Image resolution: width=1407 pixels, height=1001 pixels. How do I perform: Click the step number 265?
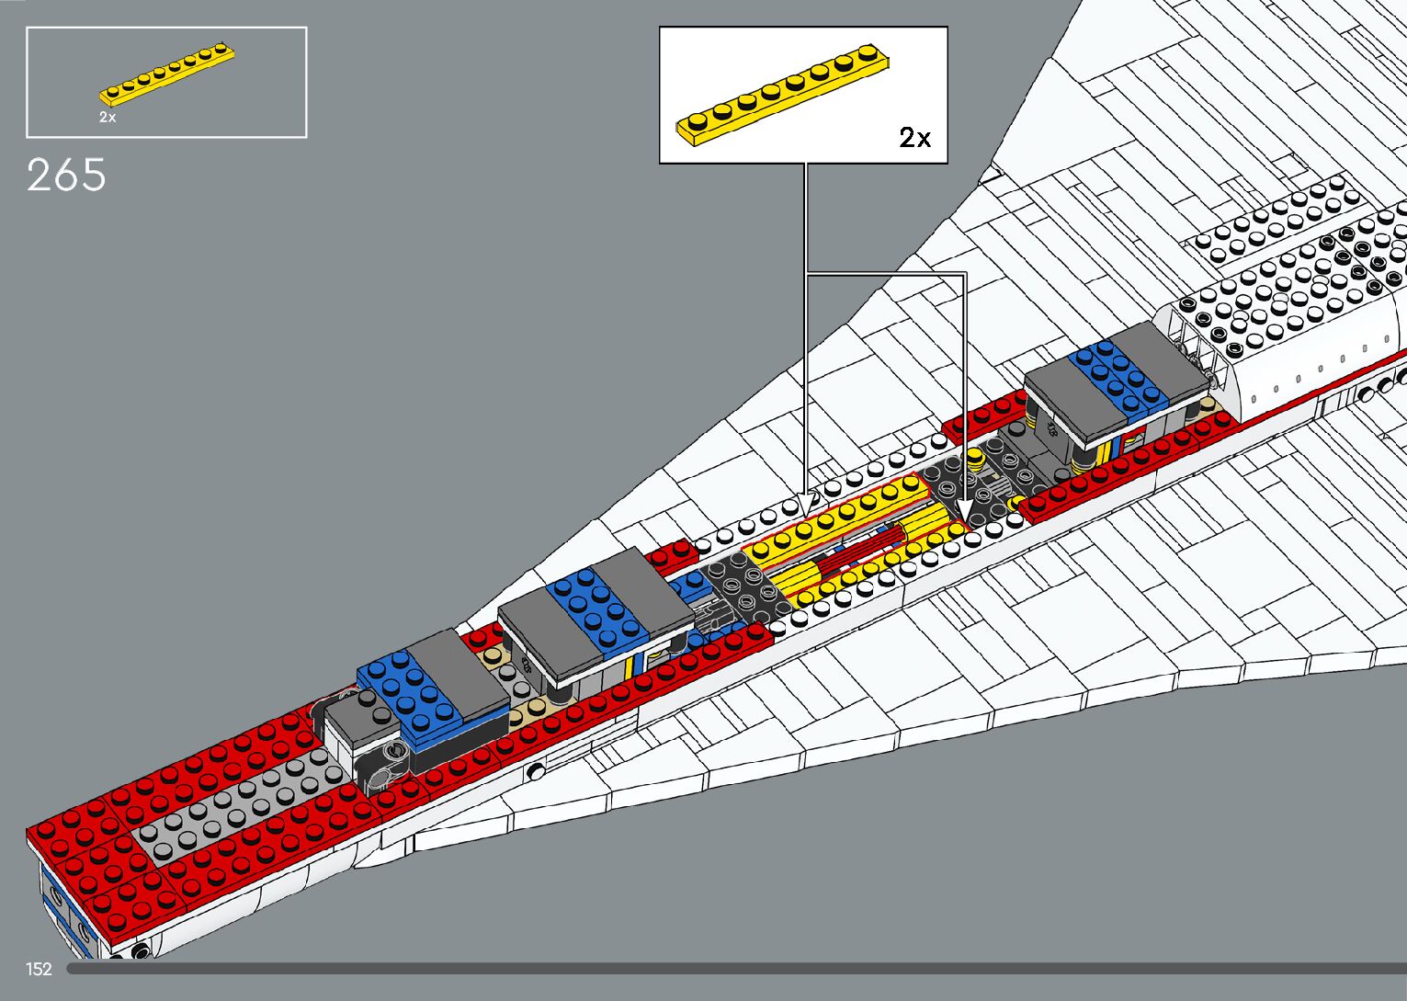66,175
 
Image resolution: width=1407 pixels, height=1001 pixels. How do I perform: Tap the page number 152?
39,969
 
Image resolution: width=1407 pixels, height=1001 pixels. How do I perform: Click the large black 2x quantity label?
914,138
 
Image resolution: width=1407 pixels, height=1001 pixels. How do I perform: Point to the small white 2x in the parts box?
108,118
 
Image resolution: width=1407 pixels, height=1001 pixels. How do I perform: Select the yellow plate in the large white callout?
783,93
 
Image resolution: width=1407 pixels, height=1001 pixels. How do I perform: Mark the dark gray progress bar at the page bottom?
735,968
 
